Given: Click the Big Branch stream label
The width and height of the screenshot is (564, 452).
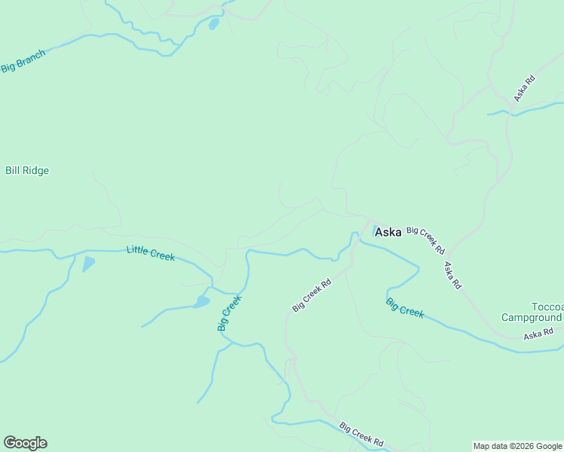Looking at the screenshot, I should (x=23, y=60).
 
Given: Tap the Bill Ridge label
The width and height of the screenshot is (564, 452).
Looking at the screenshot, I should (x=27, y=171).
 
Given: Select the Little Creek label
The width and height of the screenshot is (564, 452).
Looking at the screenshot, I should (x=151, y=253).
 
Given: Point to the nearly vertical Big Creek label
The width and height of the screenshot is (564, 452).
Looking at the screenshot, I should (x=229, y=313).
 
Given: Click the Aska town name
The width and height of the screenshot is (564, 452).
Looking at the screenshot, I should (x=388, y=232).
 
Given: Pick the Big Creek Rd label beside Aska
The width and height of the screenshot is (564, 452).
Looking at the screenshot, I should (x=426, y=239).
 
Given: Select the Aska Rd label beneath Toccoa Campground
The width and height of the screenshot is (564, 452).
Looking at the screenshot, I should (x=538, y=333).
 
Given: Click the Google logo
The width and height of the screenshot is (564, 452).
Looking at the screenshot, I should (x=25, y=443).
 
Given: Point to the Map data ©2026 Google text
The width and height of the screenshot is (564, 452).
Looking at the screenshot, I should (x=517, y=446).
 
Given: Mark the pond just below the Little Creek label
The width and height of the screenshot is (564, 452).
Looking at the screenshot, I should (x=201, y=302).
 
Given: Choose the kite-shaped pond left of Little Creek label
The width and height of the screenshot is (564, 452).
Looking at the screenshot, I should (x=88, y=264).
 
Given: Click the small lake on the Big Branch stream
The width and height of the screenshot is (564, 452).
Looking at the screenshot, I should (x=213, y=24).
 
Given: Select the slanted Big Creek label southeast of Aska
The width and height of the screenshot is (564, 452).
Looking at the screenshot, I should (x=405, y=307).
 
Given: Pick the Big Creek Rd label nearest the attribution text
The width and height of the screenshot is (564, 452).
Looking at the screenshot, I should (x=362, y=435).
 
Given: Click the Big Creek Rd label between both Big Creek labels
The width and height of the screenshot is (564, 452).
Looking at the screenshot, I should (x=312, y=296).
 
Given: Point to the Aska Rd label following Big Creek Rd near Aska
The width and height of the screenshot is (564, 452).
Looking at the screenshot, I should (x=452, y=275).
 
